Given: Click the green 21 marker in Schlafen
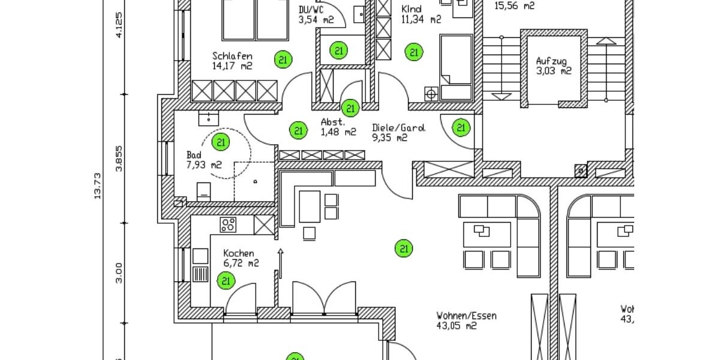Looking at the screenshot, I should [283, 59].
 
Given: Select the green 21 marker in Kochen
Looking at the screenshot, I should [226, 280].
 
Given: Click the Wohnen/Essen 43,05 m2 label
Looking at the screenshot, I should [466, 320].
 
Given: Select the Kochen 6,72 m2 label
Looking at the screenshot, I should [241, 258].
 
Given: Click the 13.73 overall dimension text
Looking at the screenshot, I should [97, 187].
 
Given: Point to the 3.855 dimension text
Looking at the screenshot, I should [119, 159].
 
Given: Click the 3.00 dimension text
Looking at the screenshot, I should [119, 272].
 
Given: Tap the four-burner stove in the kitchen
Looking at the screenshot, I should [228, 225].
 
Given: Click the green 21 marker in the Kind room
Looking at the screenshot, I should [413, 52].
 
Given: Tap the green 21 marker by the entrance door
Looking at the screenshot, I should [461, 127].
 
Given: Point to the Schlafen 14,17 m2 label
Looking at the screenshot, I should [232, 61].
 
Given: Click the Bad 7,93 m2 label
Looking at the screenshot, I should [204, 160].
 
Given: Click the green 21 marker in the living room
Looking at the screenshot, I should [404, 247].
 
